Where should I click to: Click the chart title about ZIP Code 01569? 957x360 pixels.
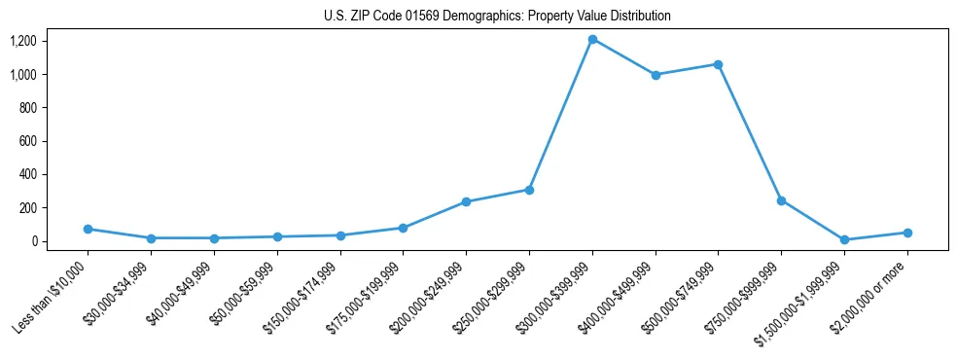497,17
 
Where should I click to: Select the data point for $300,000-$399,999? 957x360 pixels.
592,39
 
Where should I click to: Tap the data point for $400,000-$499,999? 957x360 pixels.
656,75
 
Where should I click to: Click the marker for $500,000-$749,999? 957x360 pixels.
718,64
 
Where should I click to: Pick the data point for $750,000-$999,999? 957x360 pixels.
781,200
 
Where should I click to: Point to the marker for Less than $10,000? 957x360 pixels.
88,229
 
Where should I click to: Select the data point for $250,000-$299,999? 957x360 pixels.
529,190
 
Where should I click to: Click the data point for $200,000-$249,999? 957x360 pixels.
466,201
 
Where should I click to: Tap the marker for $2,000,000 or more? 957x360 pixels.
907,233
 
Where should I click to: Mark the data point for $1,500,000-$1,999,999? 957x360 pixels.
844,239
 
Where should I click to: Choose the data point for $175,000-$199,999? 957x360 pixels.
403,228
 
